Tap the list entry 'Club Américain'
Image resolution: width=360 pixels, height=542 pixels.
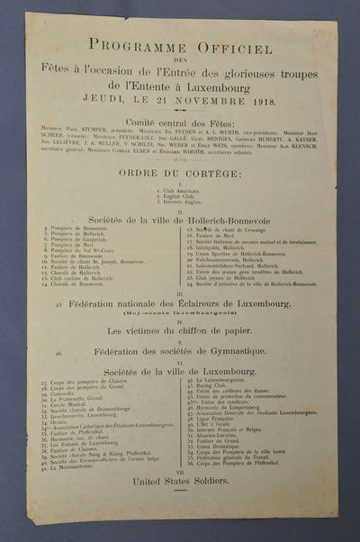pyautogui.click(x=181, y=191)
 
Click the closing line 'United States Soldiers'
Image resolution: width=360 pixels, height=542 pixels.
pyautogui.click(x=180, y=482)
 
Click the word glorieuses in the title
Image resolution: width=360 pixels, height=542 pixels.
pyautogui.click(x=241, y=68)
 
